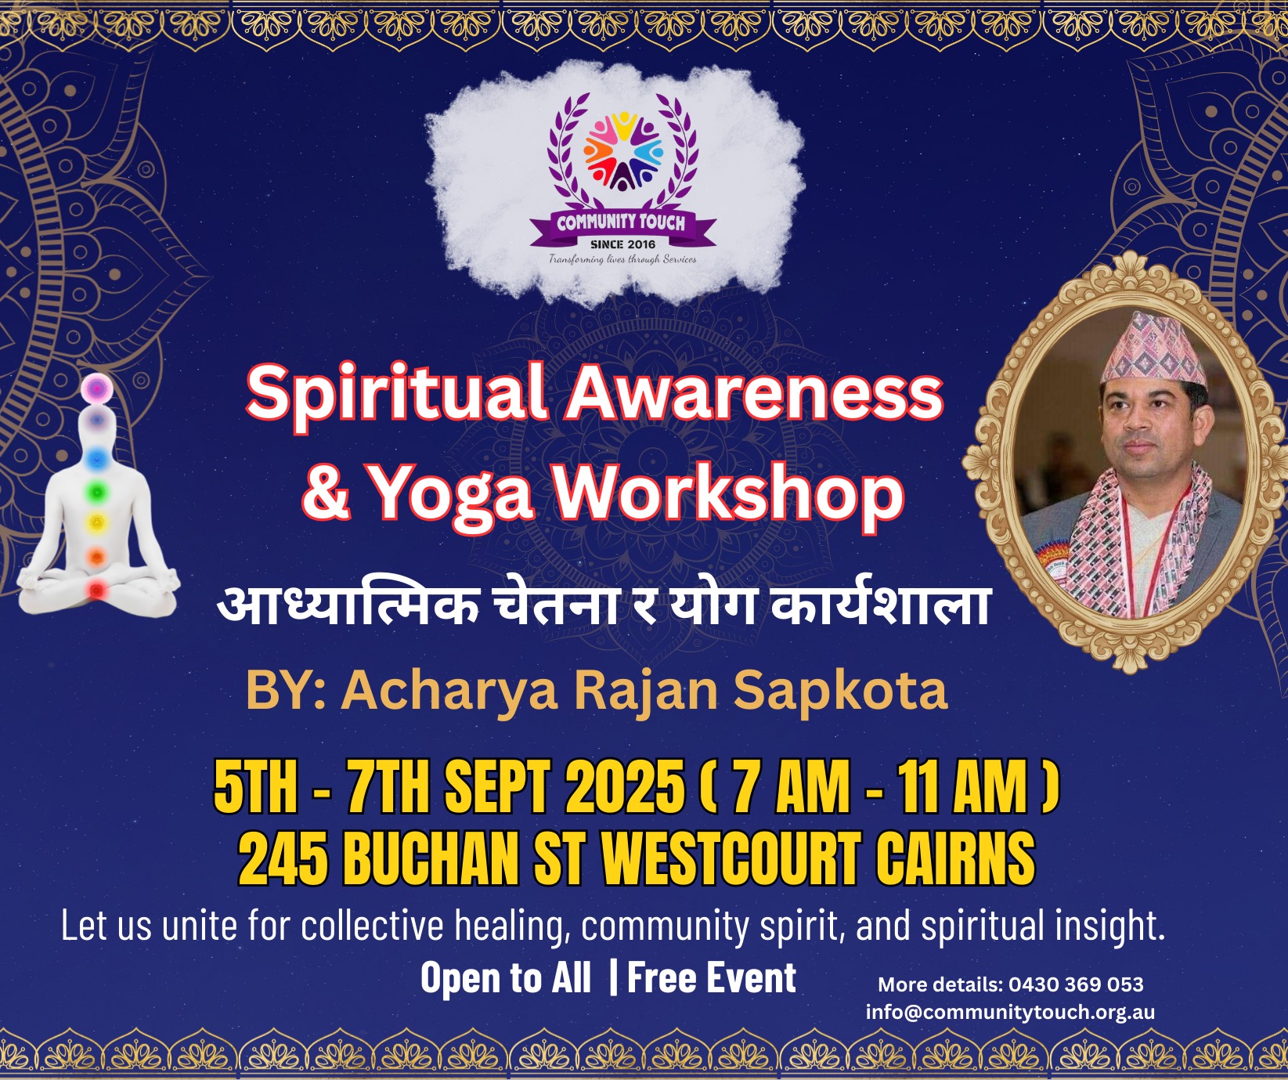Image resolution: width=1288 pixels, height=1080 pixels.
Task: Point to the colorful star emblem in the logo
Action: tap(623, 152)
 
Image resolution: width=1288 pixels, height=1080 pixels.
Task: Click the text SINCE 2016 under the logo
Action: tap(623, 244)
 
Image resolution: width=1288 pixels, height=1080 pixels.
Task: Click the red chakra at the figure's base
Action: tap(96, 589)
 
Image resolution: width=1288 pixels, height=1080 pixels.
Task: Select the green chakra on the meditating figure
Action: tap(97, 492)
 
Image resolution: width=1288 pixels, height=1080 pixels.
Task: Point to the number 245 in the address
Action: tap(283, 858)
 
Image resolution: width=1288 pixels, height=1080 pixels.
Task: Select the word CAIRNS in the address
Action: tap(955, 858)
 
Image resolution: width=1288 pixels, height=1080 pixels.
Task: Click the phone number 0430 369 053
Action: tap(1076, 984)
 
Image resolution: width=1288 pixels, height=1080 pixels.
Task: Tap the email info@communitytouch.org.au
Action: tap(1010, 1012)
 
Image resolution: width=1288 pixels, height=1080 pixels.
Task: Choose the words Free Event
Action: tap(712, 978)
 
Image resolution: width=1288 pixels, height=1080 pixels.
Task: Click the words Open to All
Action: tap(506, 978)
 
